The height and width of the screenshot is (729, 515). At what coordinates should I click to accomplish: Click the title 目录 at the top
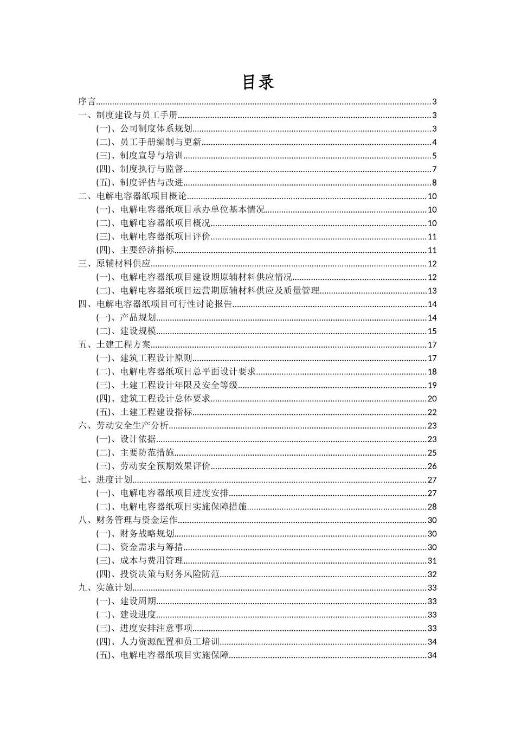point(257,82)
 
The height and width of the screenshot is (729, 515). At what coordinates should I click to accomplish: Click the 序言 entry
point(87,101)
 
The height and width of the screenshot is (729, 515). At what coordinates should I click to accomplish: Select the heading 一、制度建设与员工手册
point(128,115)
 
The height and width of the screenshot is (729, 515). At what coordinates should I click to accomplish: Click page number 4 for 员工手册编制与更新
point(434,142)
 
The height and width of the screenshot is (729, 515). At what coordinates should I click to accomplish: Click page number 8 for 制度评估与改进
point(434,183)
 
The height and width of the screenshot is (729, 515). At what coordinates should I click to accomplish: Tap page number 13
point(432,291)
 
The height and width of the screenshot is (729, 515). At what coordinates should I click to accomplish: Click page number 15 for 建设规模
point(432,331)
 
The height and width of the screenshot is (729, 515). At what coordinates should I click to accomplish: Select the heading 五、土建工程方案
point(114,344)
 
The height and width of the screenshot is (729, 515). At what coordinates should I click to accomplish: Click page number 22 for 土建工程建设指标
point(432,412)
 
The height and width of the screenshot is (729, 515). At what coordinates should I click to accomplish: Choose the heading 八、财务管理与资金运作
point(128,520)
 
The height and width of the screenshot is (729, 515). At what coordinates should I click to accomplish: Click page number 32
point(432,574)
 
